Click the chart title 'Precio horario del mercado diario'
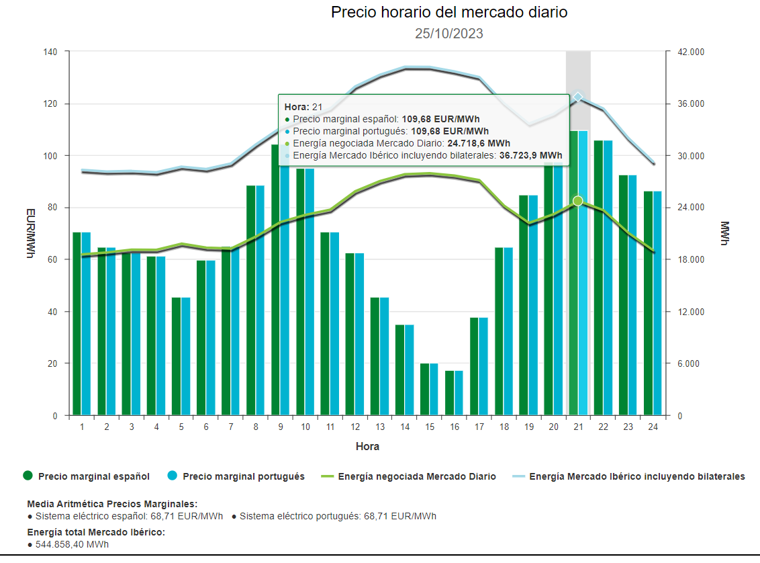449,13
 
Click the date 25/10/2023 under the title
449,34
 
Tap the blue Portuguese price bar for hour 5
185,356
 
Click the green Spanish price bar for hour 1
77,323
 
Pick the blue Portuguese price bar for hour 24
657,303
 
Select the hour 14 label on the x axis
405,427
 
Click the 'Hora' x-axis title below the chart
367,446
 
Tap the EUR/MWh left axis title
30,234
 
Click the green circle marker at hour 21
578,201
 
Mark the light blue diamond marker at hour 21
578,97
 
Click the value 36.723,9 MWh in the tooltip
531,155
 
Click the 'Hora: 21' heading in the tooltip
303,107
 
